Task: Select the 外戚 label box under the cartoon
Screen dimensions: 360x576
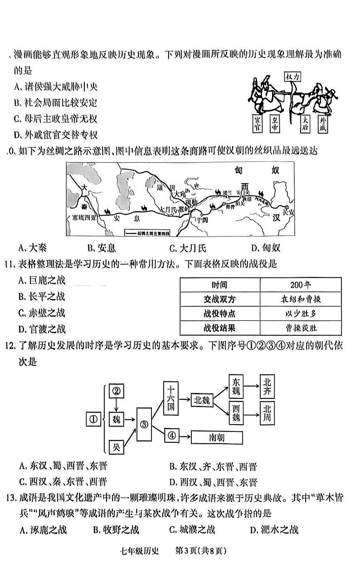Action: click(323, 123)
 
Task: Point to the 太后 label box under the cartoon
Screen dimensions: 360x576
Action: click(306, 123)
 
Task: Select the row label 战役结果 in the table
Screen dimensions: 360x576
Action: click(220, 328)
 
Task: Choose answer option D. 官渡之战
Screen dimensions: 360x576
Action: click(42, 329)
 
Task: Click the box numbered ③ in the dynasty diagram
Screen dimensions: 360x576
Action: click(144, 425)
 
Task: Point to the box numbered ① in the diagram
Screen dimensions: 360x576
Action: click(93, 420)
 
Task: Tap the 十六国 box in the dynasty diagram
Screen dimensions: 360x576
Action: click(171, 399)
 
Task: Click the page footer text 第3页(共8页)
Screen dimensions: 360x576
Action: click(200, 551)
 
